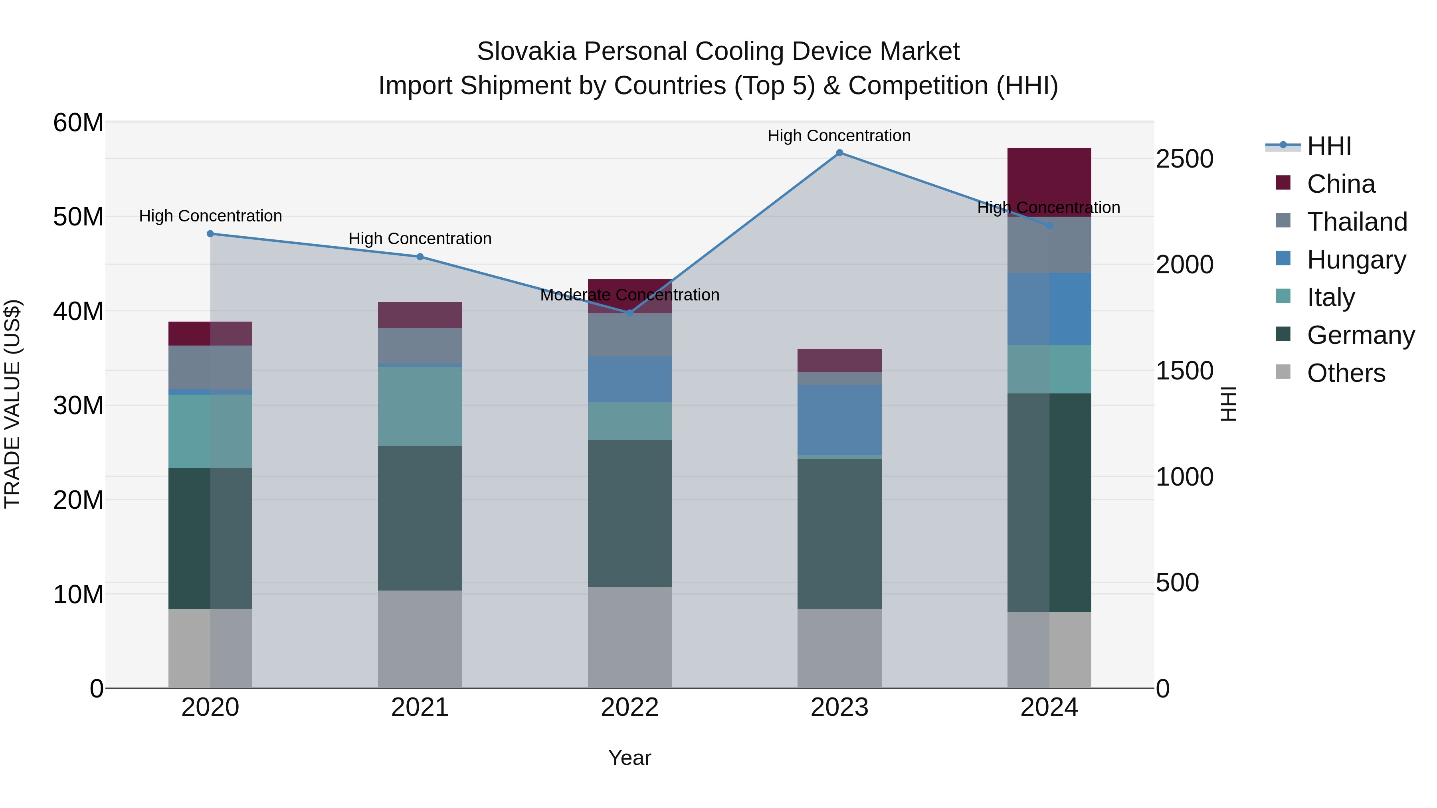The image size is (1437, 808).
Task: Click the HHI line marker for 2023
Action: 839,153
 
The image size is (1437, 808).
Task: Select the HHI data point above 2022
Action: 630,313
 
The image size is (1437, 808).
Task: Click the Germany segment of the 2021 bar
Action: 420,518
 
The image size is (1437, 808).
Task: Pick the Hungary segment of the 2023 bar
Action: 839,419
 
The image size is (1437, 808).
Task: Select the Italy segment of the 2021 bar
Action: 420,405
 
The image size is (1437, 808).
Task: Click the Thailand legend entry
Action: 1357,222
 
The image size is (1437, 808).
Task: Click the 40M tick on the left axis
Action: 78,311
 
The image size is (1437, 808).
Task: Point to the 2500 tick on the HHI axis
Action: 1184,159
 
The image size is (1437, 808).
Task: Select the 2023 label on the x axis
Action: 839,707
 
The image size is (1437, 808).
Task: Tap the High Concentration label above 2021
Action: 420,239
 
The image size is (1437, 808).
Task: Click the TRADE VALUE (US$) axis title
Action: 12,404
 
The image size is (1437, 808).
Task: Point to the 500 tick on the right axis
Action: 1177,583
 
